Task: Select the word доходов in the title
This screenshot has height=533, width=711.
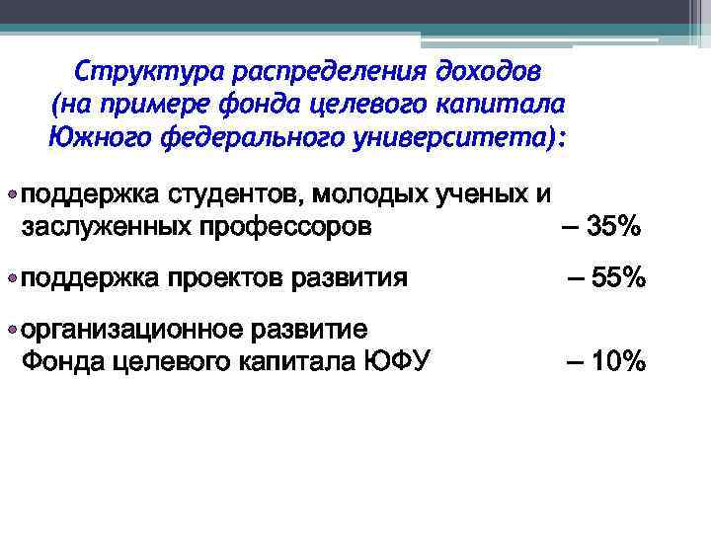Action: (491, 73)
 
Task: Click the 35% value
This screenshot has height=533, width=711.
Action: (613, 227)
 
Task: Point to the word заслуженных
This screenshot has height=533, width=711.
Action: (107, 227)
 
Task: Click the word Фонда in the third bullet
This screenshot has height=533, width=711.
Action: (61, 361)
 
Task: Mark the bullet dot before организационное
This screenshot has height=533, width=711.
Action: (11, 329)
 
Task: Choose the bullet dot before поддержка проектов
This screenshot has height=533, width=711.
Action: (11, 278)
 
